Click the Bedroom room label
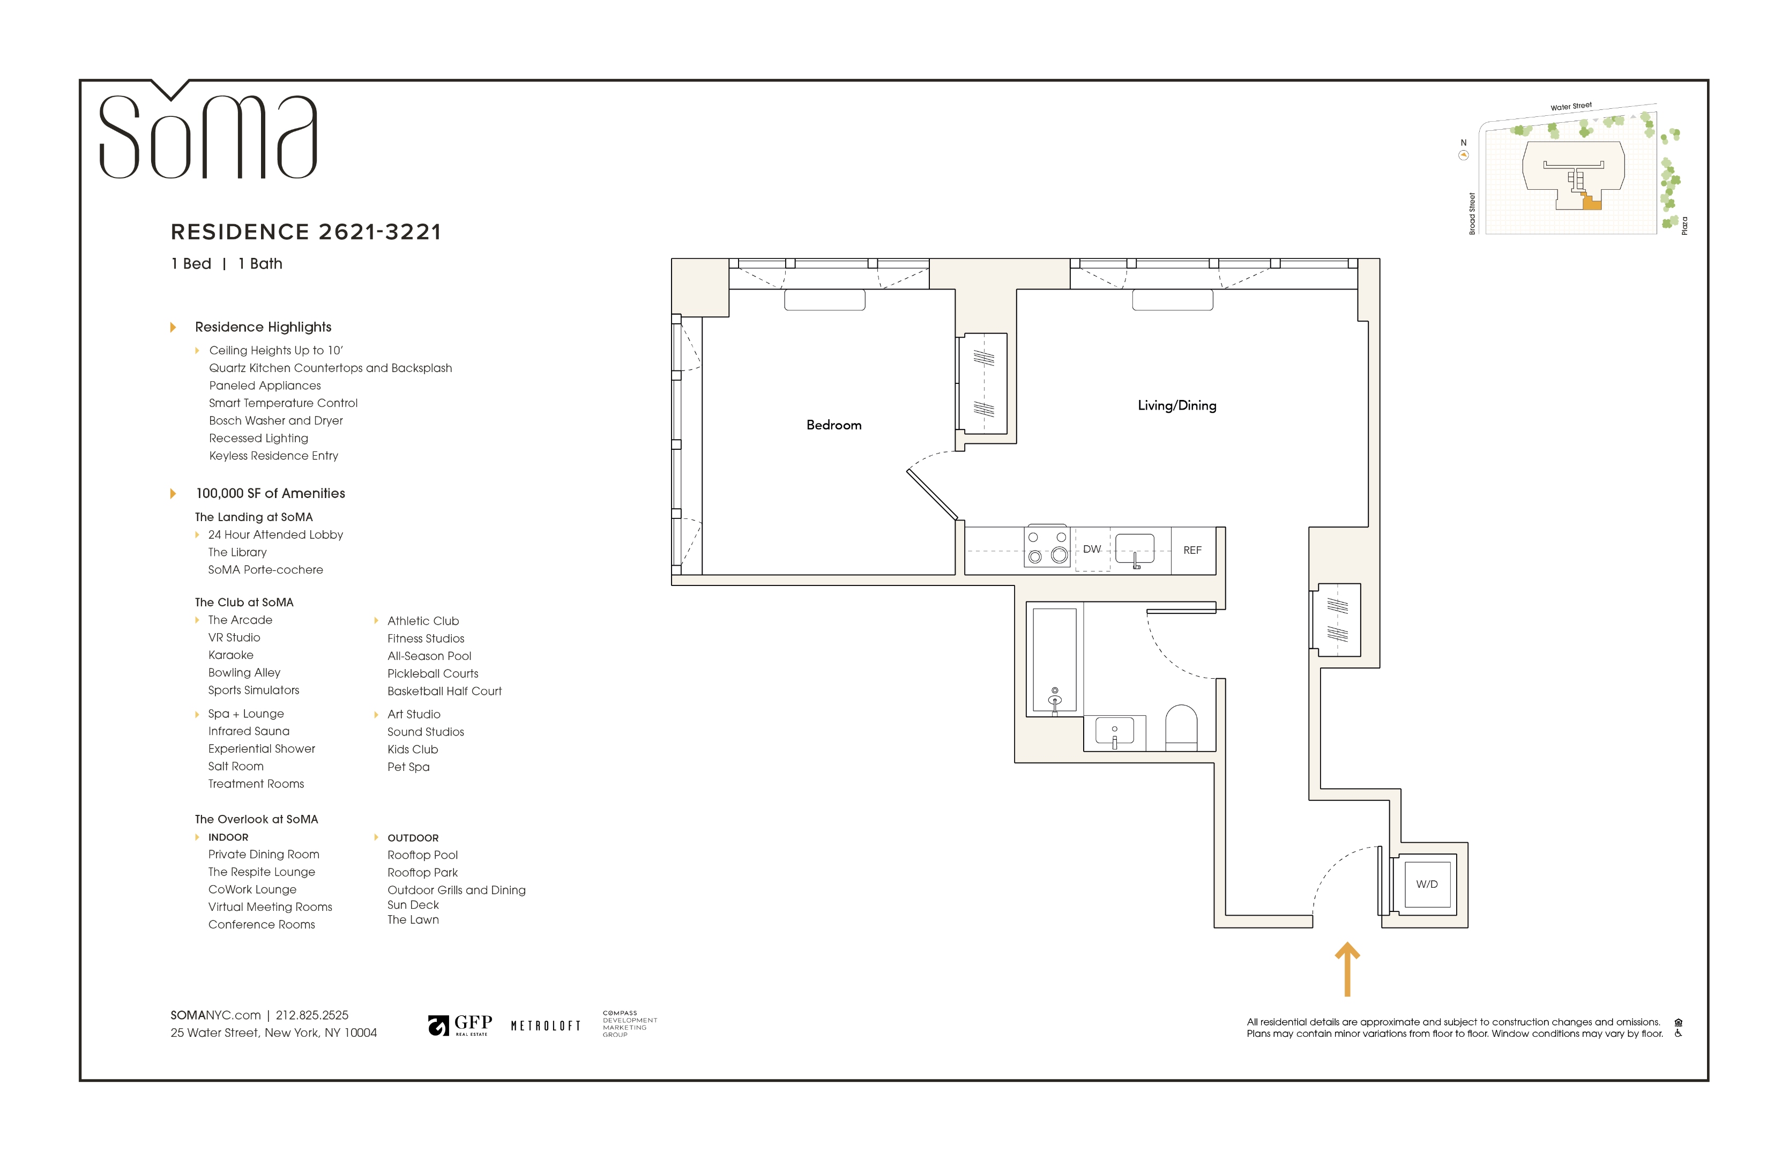833,425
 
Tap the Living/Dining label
1176,405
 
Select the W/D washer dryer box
1426,884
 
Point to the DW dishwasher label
1091,549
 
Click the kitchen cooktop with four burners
1046,547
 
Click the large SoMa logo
208,135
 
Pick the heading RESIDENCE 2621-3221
306,232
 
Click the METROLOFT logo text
546,1026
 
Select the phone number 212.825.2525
312,1015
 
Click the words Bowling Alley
244,672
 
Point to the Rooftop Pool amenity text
422,855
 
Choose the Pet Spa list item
408,767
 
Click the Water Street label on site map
1570,107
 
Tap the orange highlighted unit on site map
1591,203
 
